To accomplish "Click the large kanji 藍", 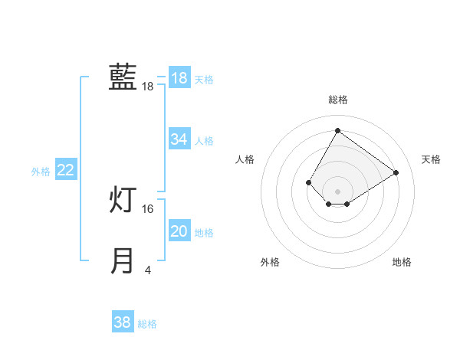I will click(x=123, y=77).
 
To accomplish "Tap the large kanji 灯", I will click(x=123, y=201).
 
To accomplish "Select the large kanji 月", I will click(x=123, y=261).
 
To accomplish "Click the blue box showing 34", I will click(x=179, y=139).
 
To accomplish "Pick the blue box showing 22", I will click(x=65, y=171).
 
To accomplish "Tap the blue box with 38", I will click(x=123, y=322).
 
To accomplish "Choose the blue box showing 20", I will click(x=179, y=231).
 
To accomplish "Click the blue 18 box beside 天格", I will click(x=179, y=78).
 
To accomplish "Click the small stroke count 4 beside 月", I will click(x=148, y=270).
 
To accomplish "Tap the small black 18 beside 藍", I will click(x=148, y=87).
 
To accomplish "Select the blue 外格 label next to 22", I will click(x=41, y=172).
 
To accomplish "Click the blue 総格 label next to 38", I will click(x=147, y=324).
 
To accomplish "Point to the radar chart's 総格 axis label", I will click(x=337, y=100).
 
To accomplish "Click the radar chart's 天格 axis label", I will click(x=431, y=159).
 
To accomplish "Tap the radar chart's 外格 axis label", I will click(x=270, y=262).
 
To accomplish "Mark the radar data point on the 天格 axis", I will click(x=396, y=172).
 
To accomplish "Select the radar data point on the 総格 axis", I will click(x=337, y=130).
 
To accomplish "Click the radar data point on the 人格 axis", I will click(x=309, y=182).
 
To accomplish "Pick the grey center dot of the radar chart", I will click(x=337, y=191).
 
